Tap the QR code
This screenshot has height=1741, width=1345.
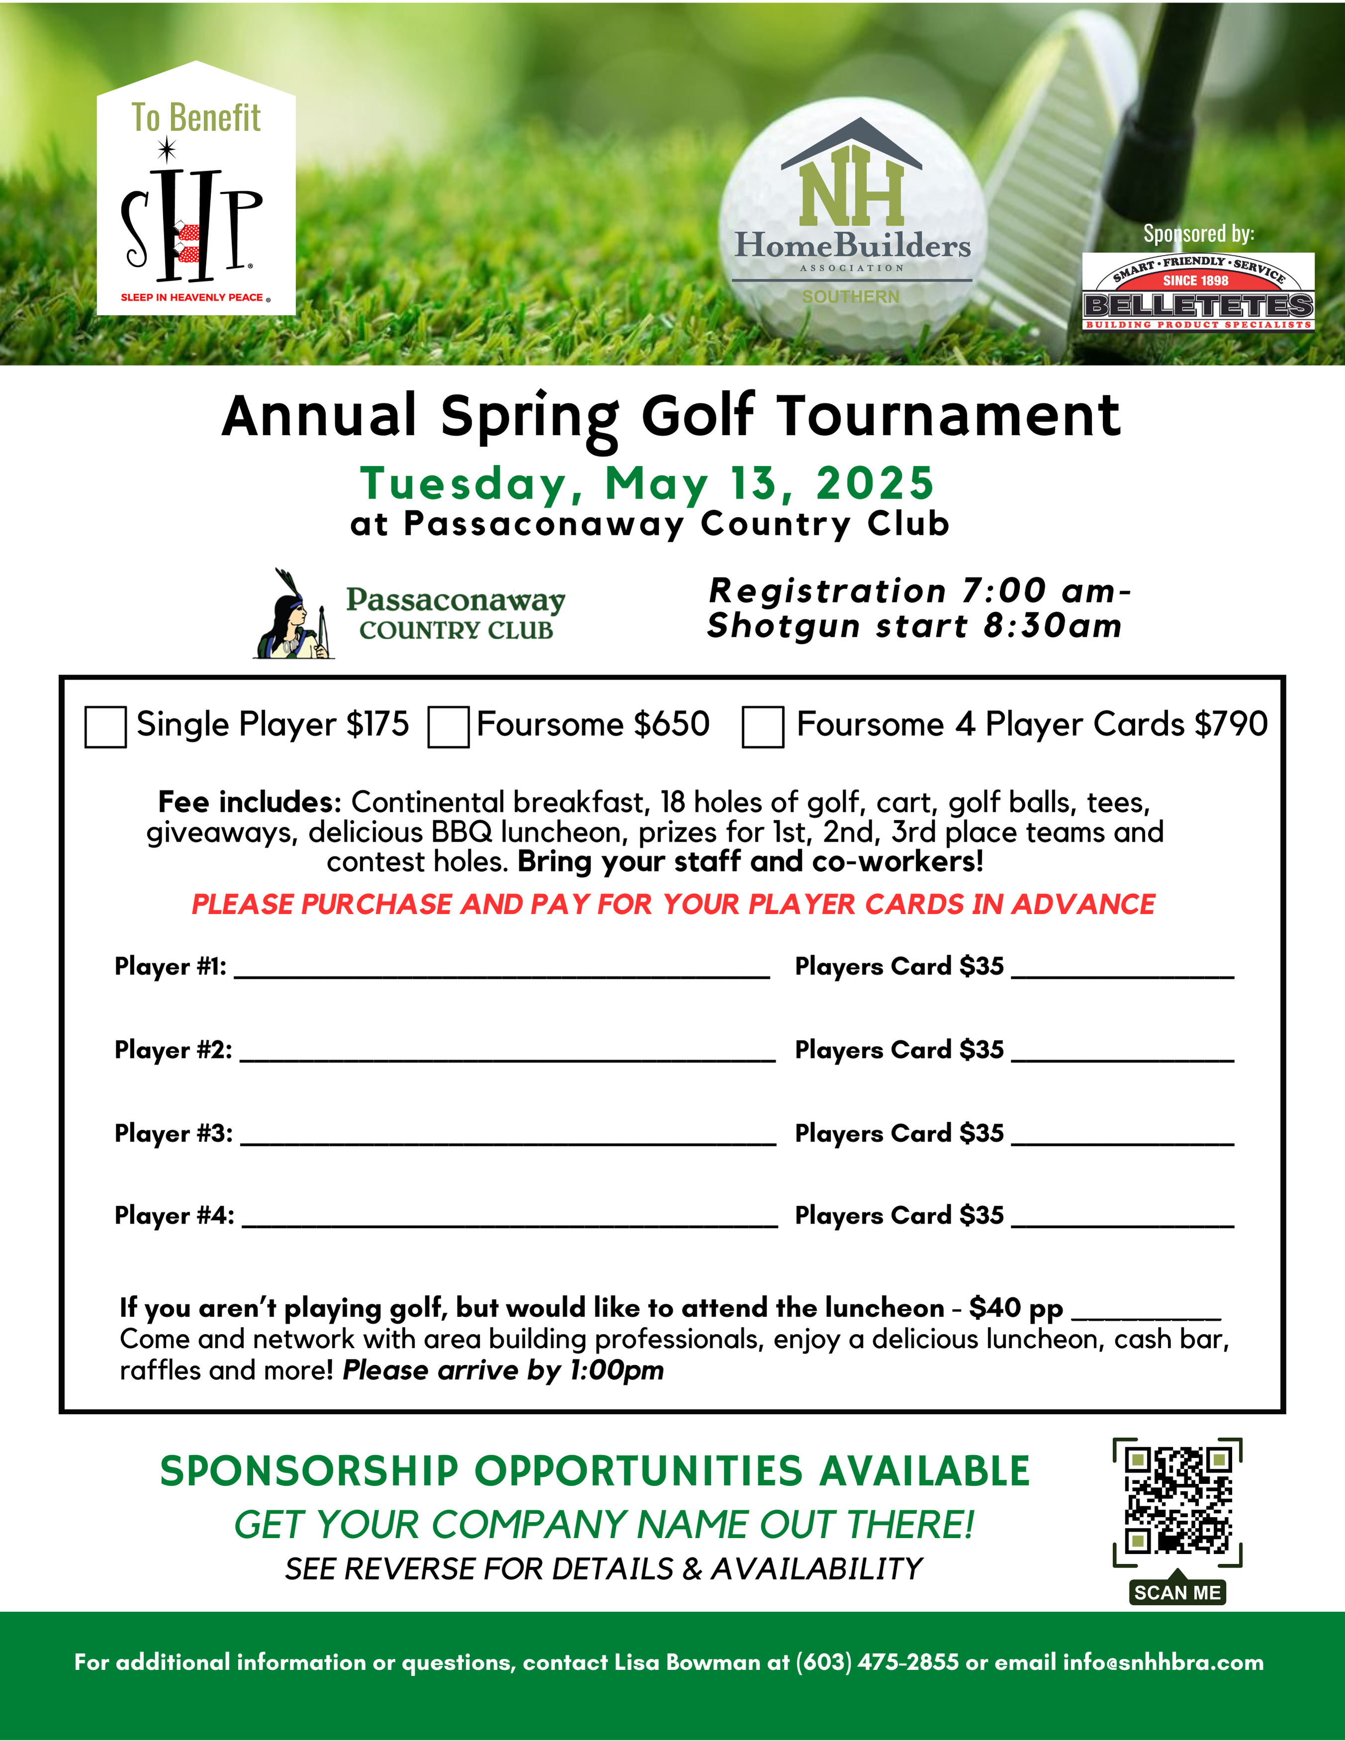[1177, 1500]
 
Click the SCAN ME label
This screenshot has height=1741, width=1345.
[1177, 1593]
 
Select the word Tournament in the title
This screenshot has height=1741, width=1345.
[949, 417]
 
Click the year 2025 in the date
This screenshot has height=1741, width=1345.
[874, 484]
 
